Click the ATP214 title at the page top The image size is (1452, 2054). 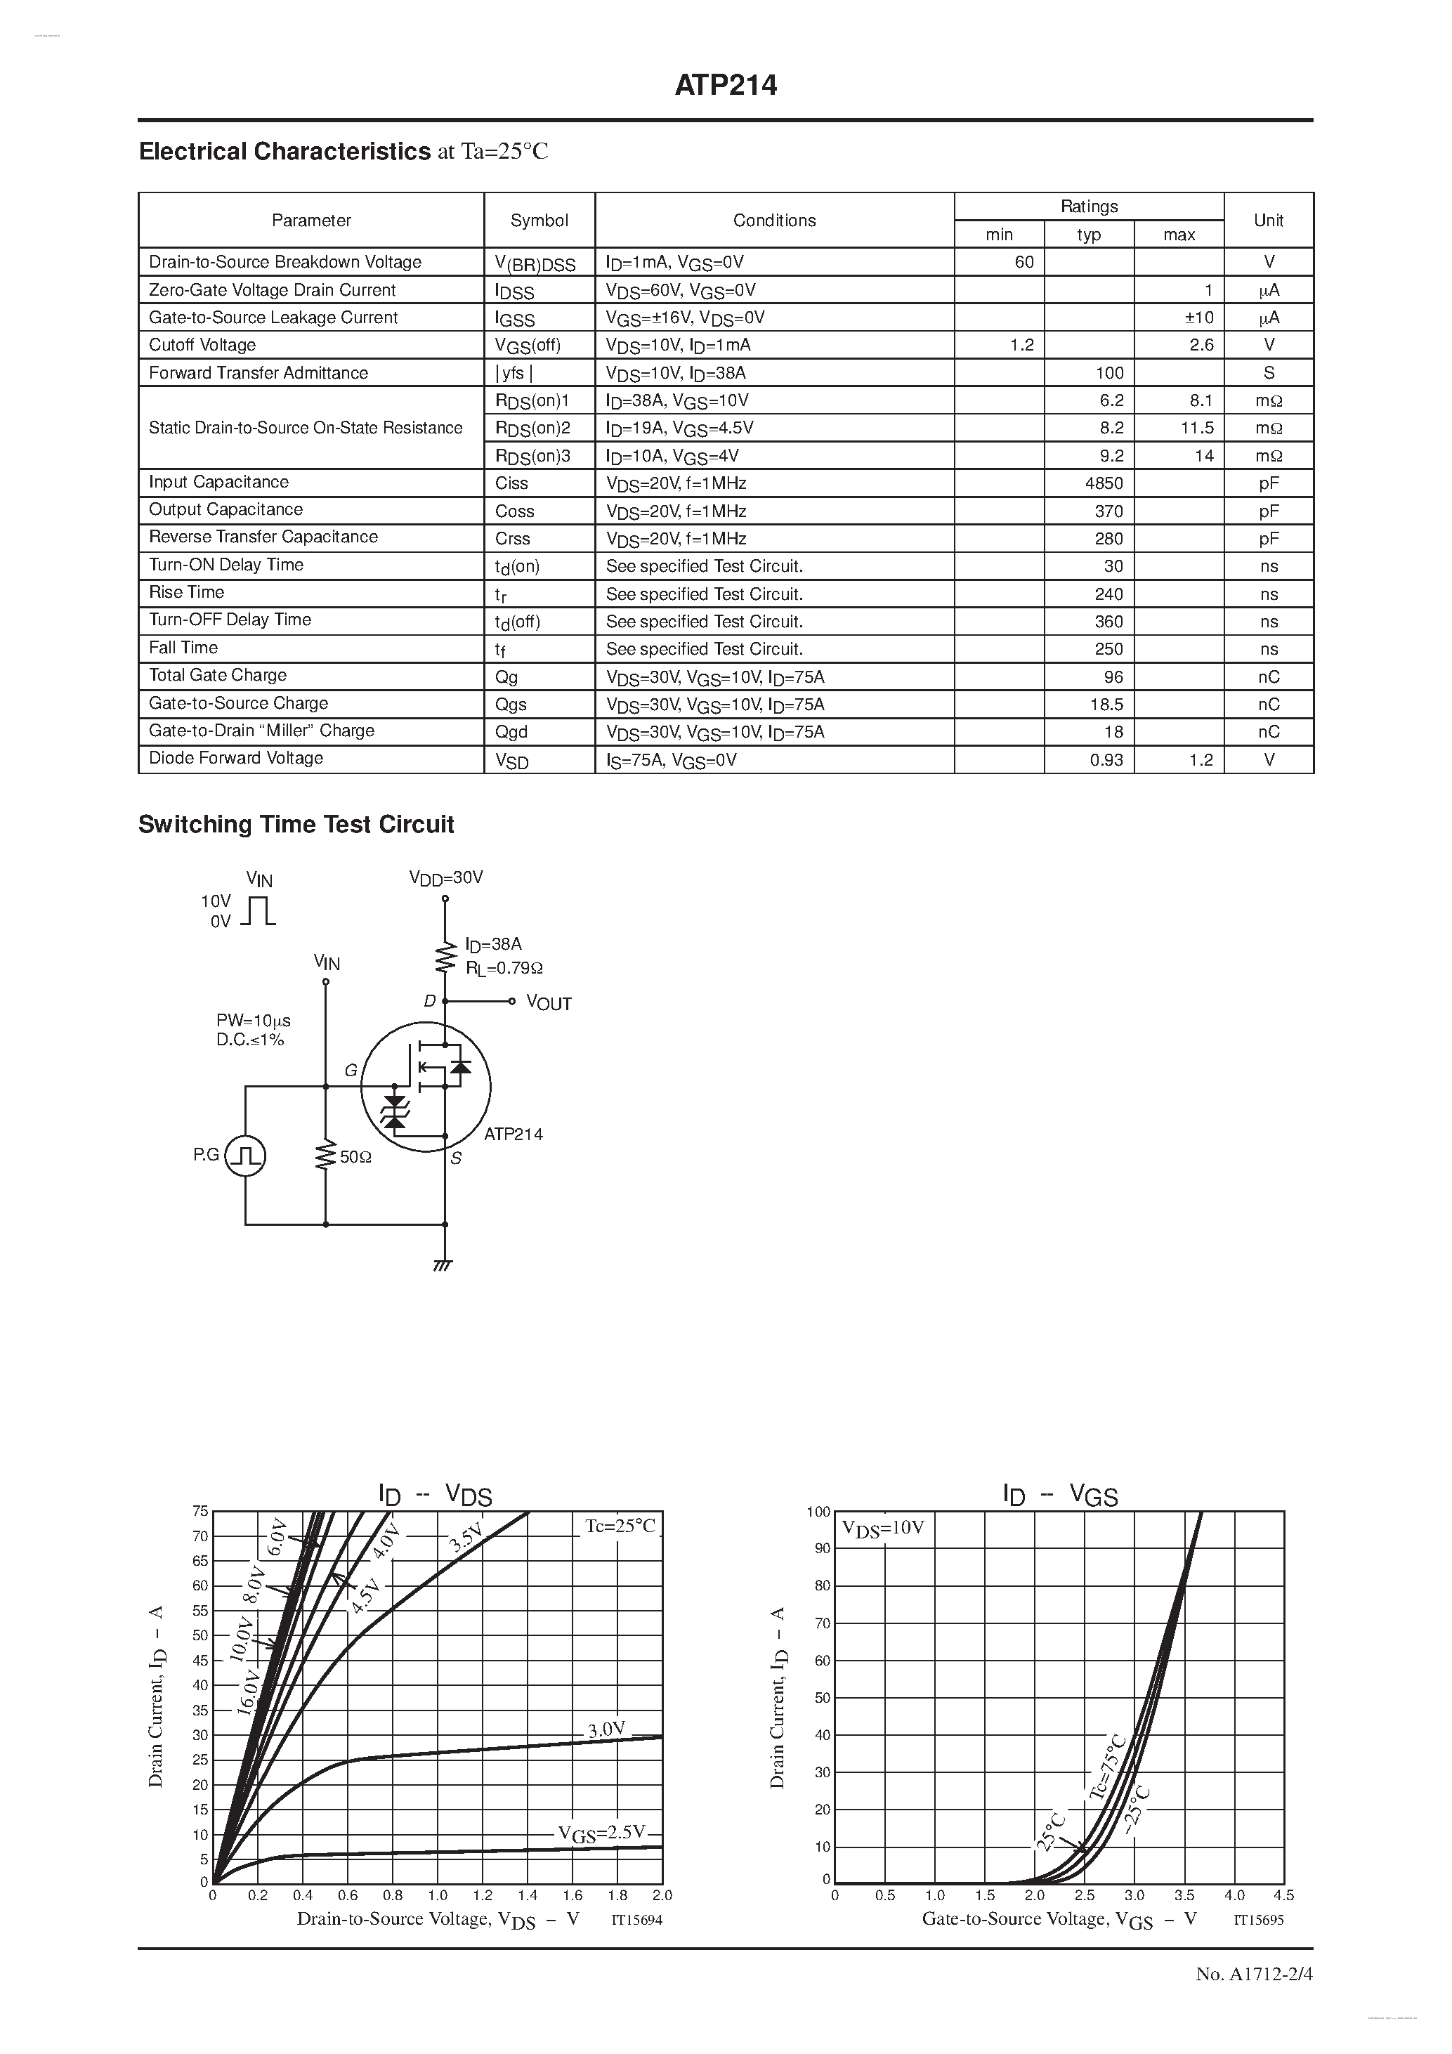tap(725, 85)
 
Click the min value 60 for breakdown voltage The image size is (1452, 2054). tap(1023, 262)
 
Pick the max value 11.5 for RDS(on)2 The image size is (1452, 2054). tap(1196, 428)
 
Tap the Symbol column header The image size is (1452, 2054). tap(539, 220)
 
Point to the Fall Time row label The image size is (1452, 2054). tap(183, 648)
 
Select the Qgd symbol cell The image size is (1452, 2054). tap(511, 732)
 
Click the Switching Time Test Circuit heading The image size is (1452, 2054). tap(296, 824)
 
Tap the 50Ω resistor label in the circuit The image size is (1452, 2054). tap(355, 1157)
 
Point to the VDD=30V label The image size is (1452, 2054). tap(445, 879)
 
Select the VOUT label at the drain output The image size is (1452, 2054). tap(549, 1003)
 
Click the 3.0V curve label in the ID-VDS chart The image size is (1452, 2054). tap(606, 1729)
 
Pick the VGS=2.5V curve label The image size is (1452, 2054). tap(601, 1833)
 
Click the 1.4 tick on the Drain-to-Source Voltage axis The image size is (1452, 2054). tap(527, 1895)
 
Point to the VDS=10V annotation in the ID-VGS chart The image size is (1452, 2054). tap(882, 1527)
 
